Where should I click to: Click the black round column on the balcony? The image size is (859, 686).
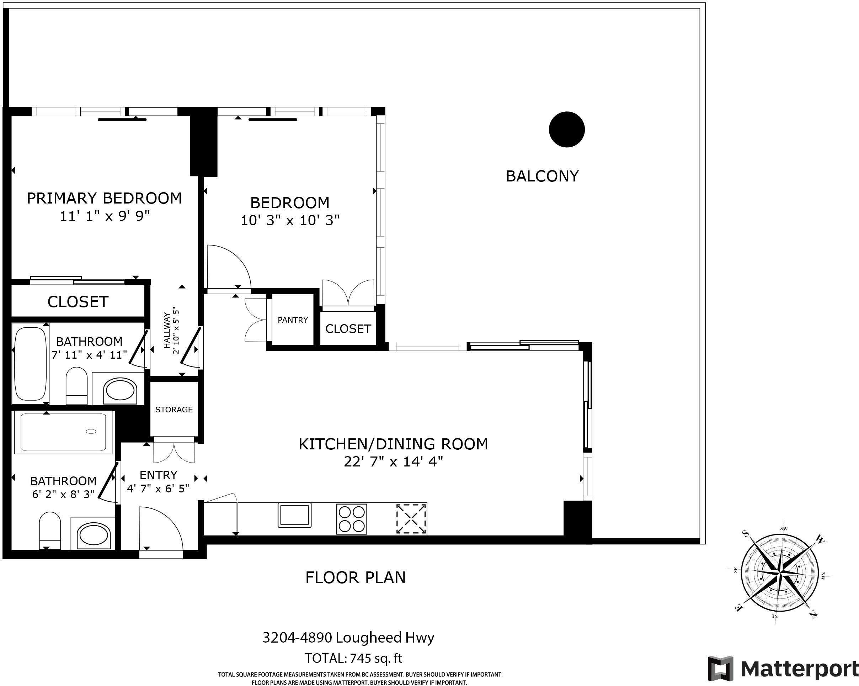click(566, 129)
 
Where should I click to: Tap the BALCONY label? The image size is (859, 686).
click(542, 176)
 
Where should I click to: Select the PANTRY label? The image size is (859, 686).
click(293, 320)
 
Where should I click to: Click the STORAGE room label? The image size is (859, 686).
click(174, 410)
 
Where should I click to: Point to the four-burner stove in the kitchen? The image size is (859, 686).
click(352, 519)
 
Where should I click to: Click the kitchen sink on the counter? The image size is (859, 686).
click(294, 515)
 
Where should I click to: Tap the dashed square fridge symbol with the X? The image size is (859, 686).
click(411, 518)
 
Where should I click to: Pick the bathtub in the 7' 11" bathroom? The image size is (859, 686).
click(30, 364)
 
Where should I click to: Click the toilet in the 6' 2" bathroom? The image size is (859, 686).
click(50, 531)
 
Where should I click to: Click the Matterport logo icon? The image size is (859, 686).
click(720, 669)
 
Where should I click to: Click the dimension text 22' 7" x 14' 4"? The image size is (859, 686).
click(393, 461)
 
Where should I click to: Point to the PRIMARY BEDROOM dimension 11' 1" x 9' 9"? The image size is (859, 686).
click(105, 216)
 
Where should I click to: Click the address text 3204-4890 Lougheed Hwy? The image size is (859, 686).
click(348, 637)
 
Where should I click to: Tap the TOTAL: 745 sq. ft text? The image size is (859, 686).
click(353, 658)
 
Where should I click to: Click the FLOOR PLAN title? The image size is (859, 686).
click(356, 577)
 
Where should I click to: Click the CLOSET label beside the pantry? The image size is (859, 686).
click(348, 329)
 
